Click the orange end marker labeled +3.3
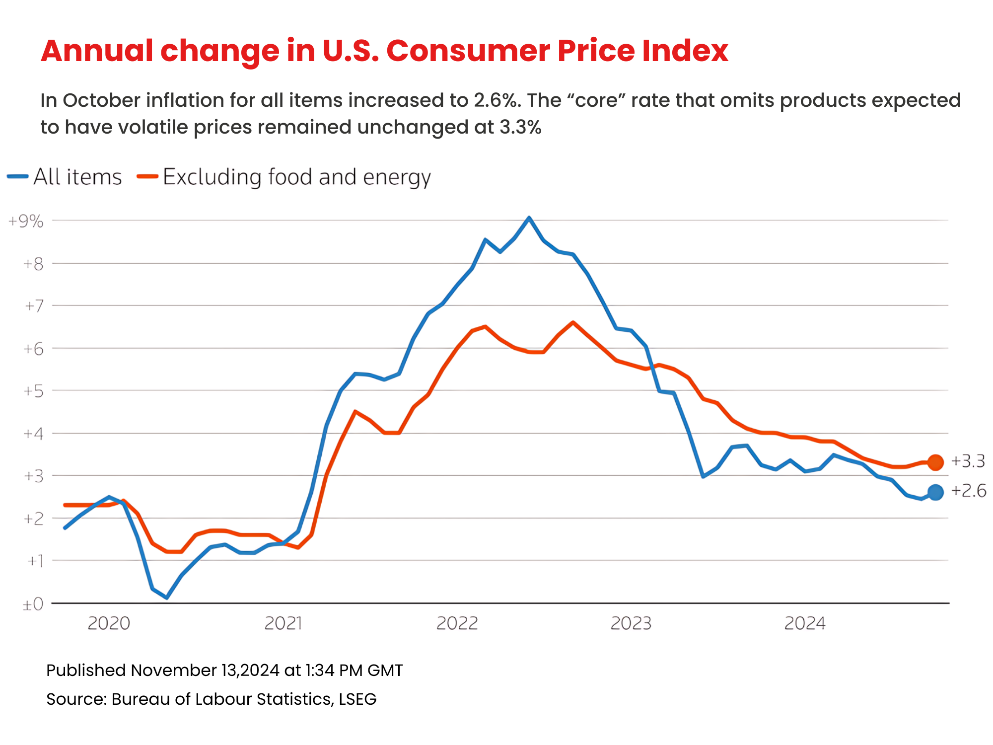(x=935, y=462)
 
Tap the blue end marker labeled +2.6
(x=935, y=492)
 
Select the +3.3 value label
(x=968, y=461)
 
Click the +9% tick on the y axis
(x=26, y=222)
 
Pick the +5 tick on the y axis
(x=33, y=391)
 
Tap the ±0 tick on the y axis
(x=33, y=604)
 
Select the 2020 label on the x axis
(x=109, y=623)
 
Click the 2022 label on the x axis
(x=457, y=623)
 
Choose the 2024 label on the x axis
(x=804, y=623)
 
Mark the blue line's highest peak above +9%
(x=529, y=218)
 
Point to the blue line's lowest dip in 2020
(x=166, y=597)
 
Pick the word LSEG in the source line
(x=357, y=699)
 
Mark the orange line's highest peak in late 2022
(x=573, y=322)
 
